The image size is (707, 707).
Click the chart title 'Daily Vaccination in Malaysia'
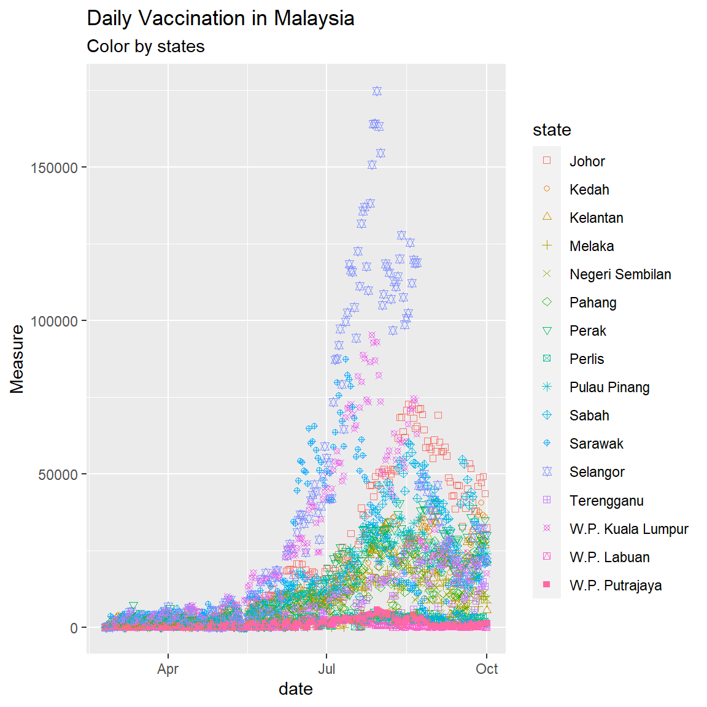(220, 18)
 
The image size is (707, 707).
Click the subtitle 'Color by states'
(145, 47)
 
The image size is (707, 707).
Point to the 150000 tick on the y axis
(54, 168)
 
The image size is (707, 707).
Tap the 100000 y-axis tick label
(54, 322)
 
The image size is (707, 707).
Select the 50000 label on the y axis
(58, 475)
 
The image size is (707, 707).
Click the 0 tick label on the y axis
(74, 628)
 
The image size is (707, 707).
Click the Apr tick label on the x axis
(168, 669)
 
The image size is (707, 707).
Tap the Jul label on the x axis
(326, 669)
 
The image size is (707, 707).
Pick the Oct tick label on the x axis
(487, 669)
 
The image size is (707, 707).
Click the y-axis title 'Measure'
(17, 359)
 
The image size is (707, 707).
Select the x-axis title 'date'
(296, 689)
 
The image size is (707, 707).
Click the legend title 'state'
(552, 130)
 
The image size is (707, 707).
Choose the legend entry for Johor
(587, 161)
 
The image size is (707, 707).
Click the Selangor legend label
(597, 472)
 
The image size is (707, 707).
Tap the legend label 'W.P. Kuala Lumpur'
(628, 529)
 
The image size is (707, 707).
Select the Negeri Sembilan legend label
(620, 274)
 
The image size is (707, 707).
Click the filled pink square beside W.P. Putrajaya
(547, 585)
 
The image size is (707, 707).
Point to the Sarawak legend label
(596, 444)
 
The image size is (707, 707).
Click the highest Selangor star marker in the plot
(377, 91)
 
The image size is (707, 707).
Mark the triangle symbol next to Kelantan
(547, 217)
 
